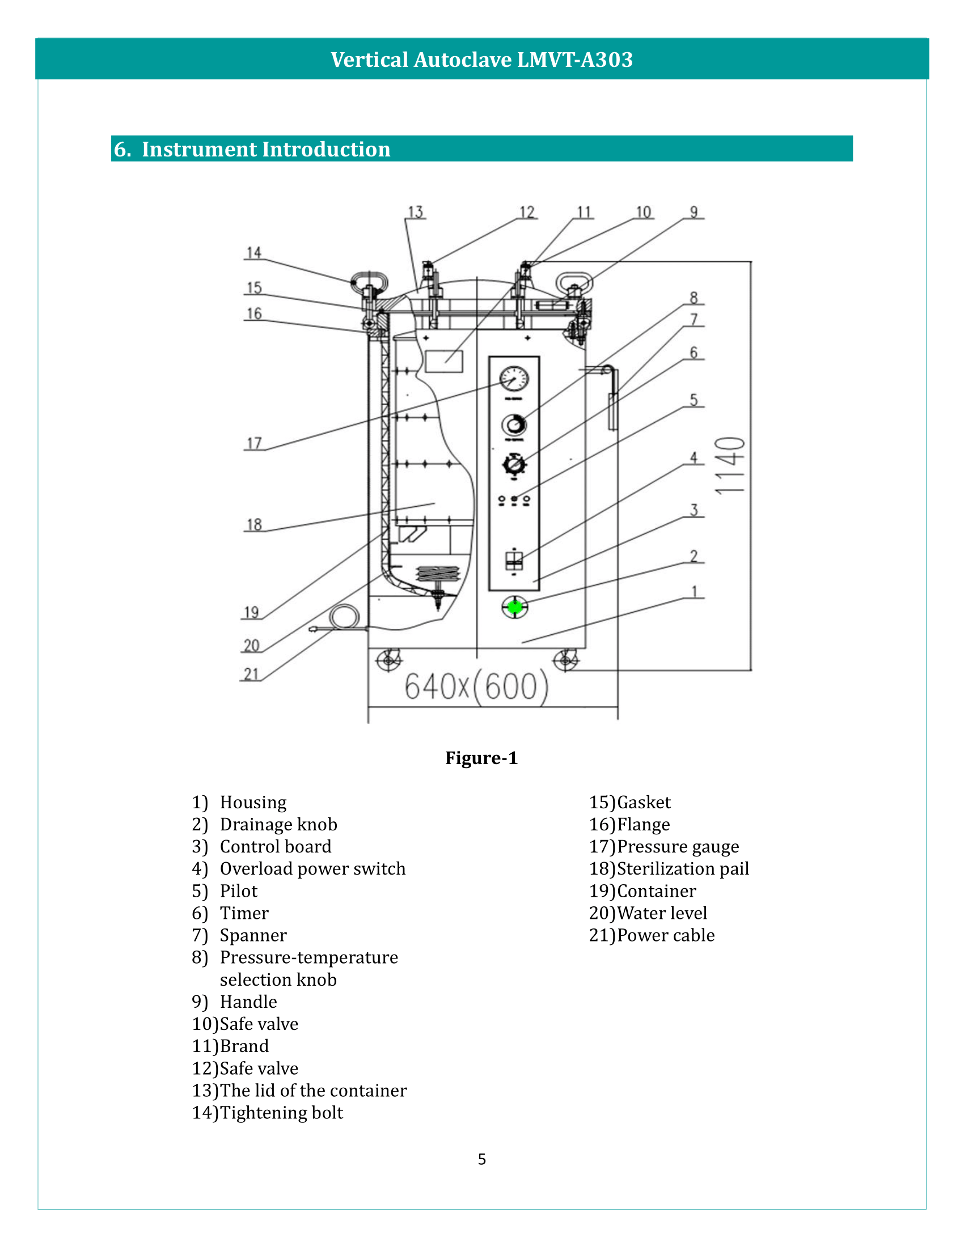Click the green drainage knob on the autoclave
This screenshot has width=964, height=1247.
click(514, 607)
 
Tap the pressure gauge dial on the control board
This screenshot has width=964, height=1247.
click(514, 378)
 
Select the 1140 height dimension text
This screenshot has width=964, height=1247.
click(730, 465)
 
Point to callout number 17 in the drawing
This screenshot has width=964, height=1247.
click(254, 443)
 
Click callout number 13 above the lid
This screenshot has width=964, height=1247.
click(415, 213)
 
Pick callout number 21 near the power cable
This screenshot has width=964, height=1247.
click(251, 675)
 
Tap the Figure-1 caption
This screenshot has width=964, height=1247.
click(481, 758)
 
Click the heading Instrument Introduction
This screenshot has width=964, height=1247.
click(265, 149)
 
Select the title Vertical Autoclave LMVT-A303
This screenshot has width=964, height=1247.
click(481, 60)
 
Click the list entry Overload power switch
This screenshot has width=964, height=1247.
click(312, 868)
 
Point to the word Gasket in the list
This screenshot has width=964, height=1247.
click(644, 802)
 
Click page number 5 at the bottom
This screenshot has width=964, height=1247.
click(481, 1159)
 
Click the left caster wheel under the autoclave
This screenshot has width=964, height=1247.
click(389, 660)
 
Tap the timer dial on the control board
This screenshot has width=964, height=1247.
click(514, 464)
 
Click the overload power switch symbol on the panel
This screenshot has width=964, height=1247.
click(514, 560)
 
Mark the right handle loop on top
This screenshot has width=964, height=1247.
click(574, 283)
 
